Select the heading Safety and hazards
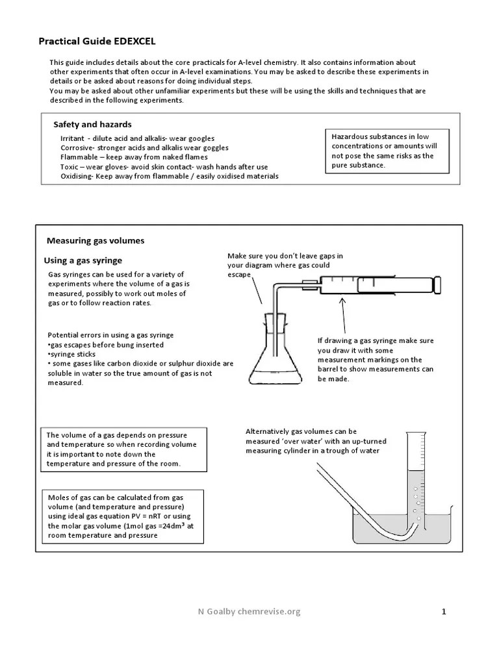[92, 124]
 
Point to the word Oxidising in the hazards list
[77, 176]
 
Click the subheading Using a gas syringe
[83, 260]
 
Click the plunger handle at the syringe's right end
[439, 283]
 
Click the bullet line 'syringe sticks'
[70, 355]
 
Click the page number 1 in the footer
[444, 611]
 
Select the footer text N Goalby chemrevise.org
[249, 611]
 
